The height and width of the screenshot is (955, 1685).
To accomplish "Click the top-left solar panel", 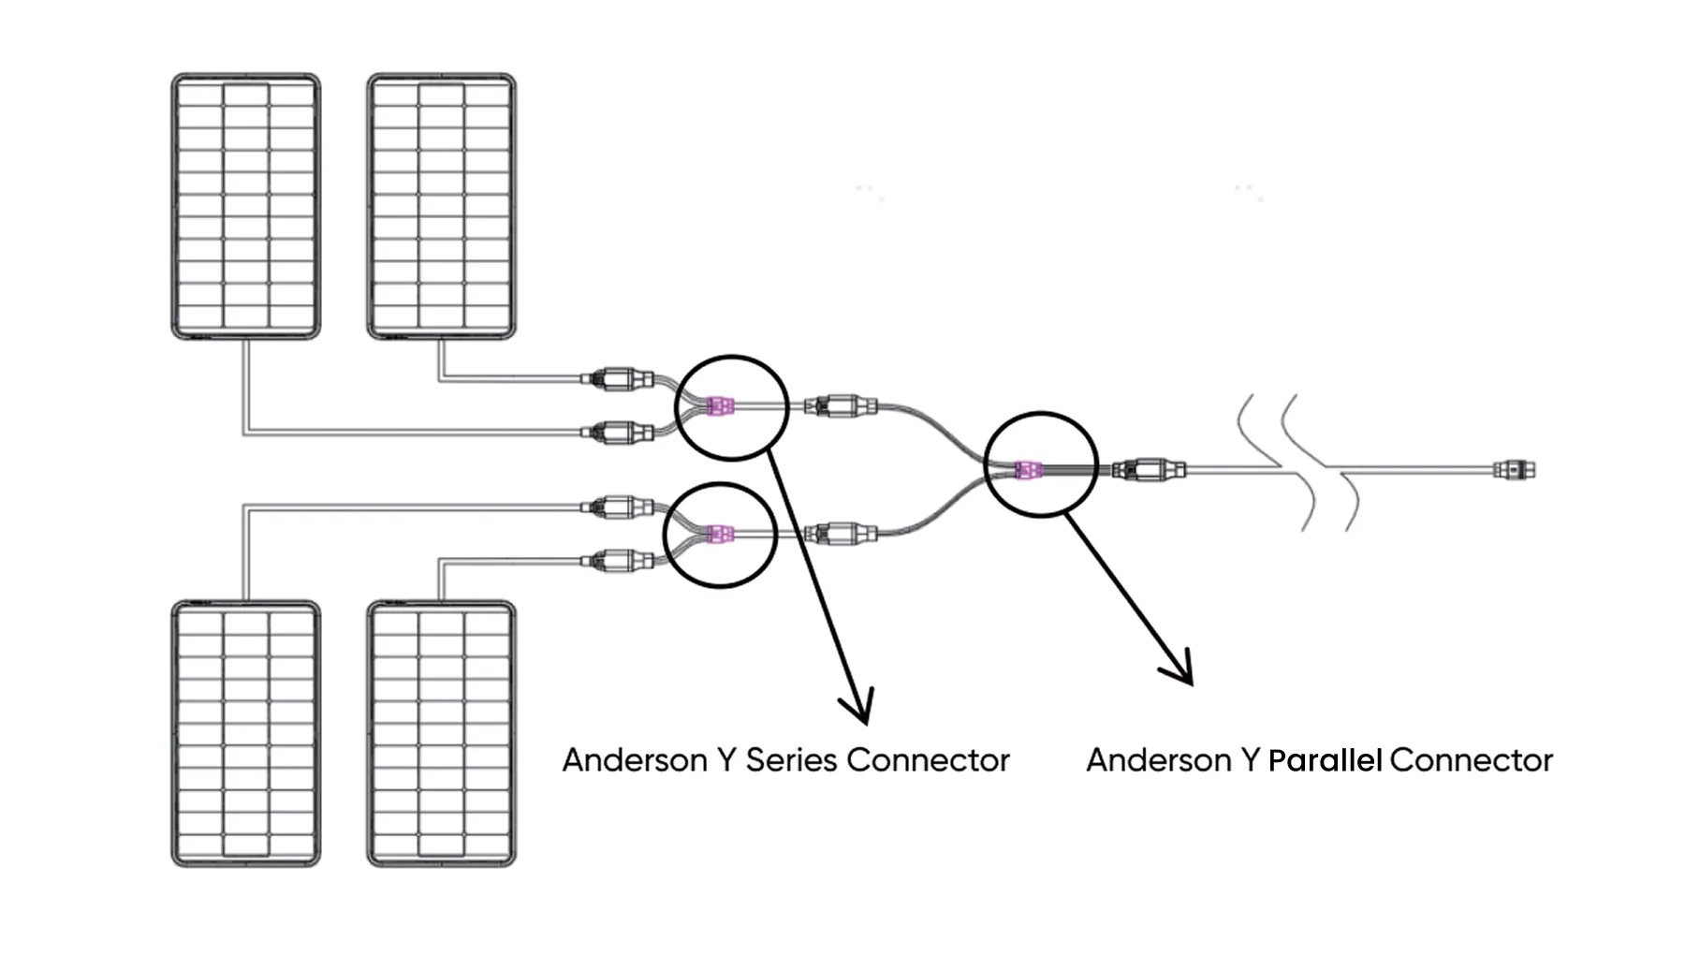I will pyautogui.click(x=245, y=206).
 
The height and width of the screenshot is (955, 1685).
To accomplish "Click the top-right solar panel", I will pyautogui.click(x=441, y=206).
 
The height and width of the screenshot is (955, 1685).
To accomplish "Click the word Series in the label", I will pyautogui.click(x=791, y=760).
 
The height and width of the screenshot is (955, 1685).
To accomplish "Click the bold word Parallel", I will pyautogui.click(x=1325, y=760).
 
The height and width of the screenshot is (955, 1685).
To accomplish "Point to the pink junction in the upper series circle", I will pyautogui.click(x=719, y=406).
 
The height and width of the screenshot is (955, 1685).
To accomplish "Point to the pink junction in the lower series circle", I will pyautogui.click(x=719, y=535).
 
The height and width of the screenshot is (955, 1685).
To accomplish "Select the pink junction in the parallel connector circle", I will pyautogui.click(x=1028, y=469).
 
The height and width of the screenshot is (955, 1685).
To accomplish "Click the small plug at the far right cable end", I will pyautogui.click(x=1514, y=469).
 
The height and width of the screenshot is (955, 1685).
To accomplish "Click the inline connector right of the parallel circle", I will pyautogui.click(x=1150, y=469).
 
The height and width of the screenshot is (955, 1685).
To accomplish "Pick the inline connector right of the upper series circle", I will pyautogui.click(x=841, y=406).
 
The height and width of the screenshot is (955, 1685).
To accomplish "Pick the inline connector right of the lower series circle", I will pyautogui.click(x=841, y=535).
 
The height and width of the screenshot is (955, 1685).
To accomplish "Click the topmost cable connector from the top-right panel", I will pyautogui.click(x=617, y=379).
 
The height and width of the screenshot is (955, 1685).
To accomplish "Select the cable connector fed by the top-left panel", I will pyautogui.click(x=617, y=433).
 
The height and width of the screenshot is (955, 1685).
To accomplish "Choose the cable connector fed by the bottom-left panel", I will pyautogui.click(x=617, y=507).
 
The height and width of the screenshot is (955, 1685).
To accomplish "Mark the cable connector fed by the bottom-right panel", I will pyautogui.click(x=617, y=561).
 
